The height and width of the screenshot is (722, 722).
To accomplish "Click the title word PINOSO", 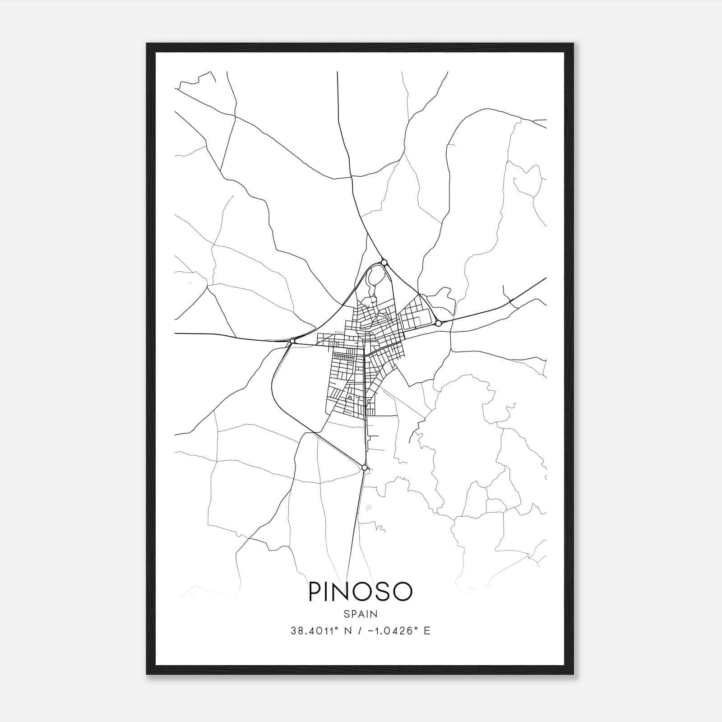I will (360, 592).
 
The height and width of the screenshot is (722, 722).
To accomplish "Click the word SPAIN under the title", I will (360, 614).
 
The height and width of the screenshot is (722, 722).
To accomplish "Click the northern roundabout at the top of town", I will (384, 262).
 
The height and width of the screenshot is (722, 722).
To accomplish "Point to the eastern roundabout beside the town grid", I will (438, 323).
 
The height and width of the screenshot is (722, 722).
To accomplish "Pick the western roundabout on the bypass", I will (292, 341).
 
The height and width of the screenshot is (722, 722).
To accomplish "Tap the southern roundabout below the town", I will (364, 467).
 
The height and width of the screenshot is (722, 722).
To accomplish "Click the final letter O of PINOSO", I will (403, 592).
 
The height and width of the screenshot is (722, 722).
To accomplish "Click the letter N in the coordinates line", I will (347, 631).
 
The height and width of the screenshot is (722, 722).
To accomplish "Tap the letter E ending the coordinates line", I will (427, 631).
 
